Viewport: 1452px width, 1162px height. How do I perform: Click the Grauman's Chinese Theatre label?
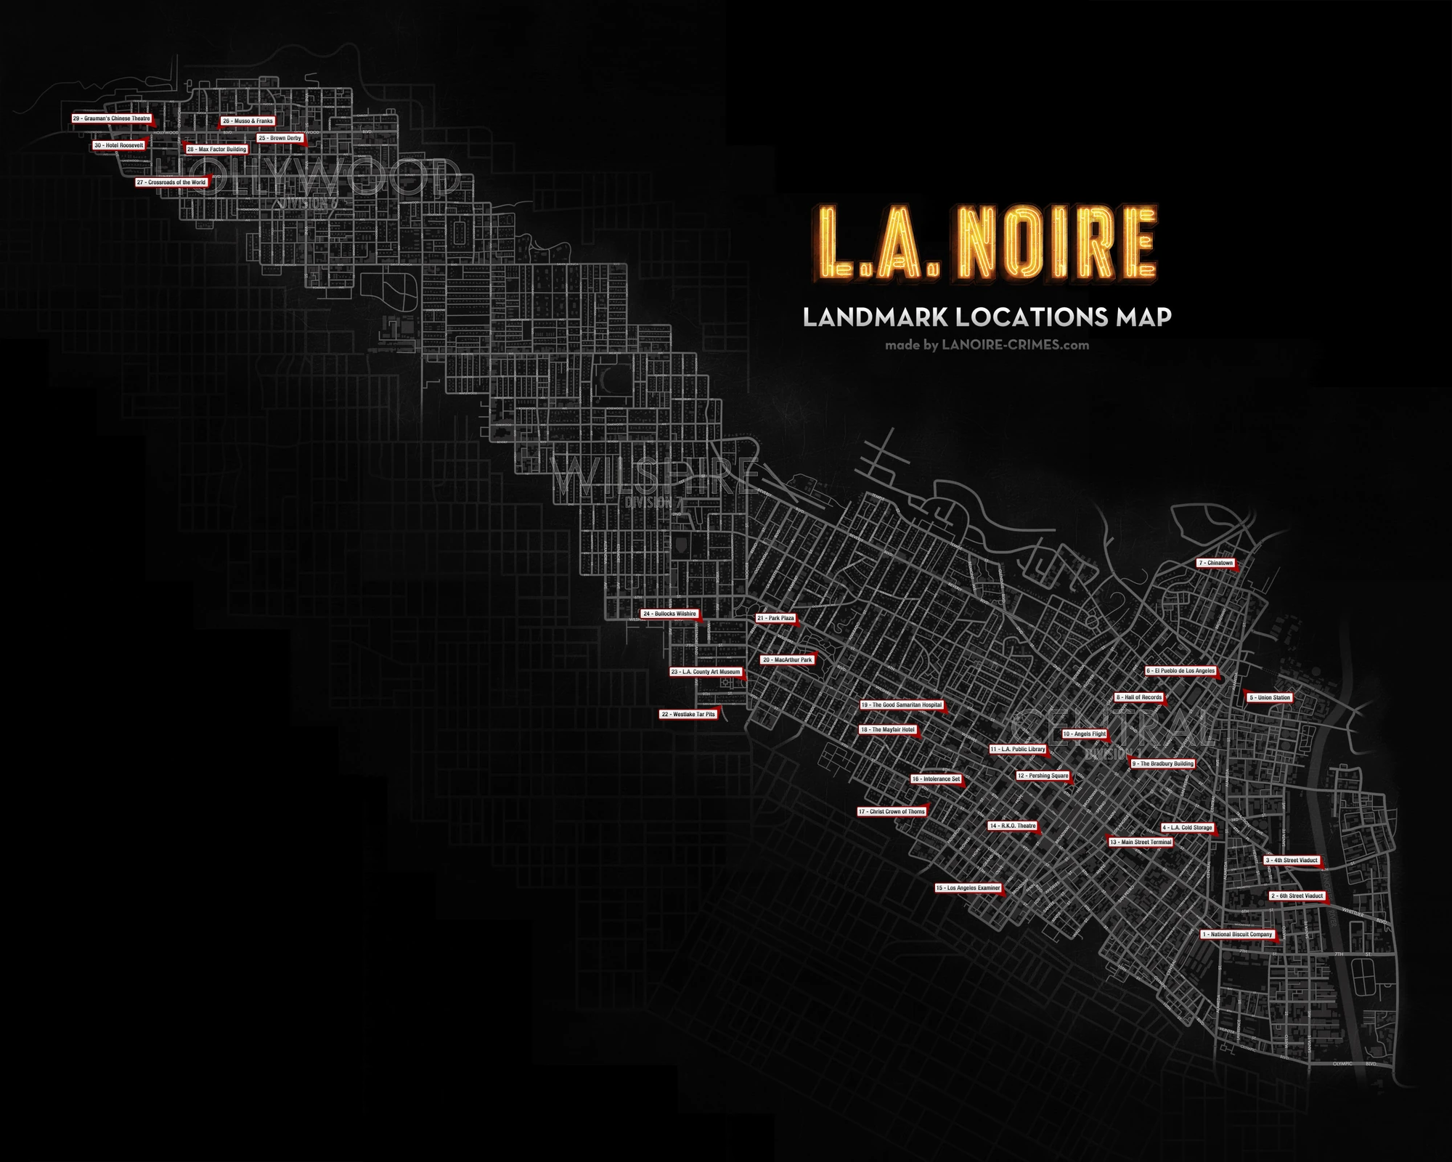tap(112, 118)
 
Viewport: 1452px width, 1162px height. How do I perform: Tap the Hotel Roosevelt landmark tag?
tap(119, 145)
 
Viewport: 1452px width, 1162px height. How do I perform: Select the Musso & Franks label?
tap(248, 121)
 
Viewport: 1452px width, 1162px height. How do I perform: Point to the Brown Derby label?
tap(280, 138)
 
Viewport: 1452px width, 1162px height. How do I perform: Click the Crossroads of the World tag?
tap(171, 182)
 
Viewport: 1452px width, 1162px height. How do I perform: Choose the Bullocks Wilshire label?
tap(669, 614)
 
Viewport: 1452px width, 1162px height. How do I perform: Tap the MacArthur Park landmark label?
tap(788, 660)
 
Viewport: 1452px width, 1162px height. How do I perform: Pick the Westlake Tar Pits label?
tap(688, 715)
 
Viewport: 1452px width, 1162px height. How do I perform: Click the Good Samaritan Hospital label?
tap(902, 705)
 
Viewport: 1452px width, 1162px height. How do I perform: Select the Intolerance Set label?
tap(937, 779)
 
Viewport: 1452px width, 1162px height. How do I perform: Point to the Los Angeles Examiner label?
tap(968, 888)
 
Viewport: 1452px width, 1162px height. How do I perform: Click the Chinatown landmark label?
tap(1216, 563)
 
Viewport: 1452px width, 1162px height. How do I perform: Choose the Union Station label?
tap(1270, 698)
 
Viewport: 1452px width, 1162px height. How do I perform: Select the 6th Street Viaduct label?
tap(1297, 896)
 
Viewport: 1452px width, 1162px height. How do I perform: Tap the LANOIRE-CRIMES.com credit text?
tap(1015, 346)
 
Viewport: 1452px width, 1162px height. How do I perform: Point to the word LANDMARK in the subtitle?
tap(874, 317)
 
